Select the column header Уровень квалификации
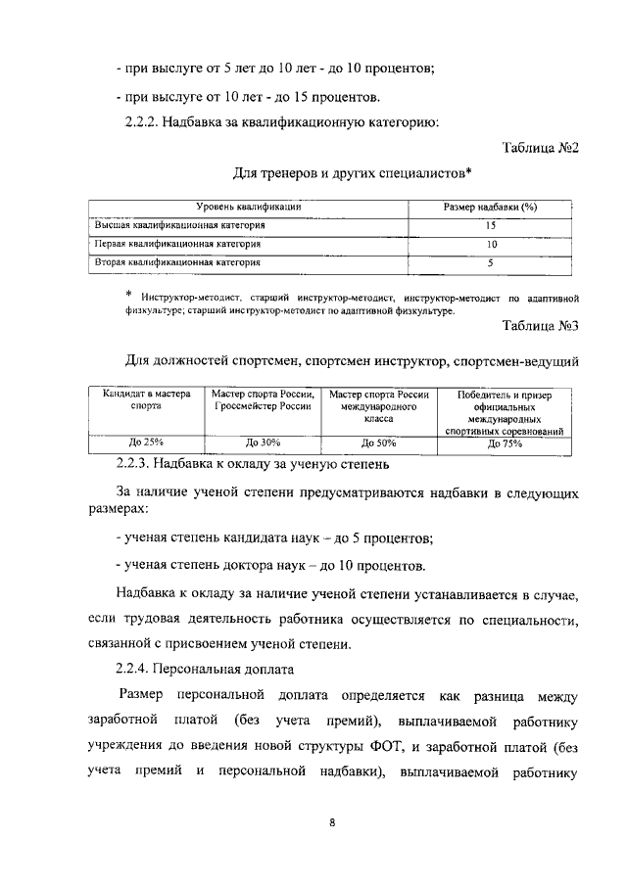click(248, 208)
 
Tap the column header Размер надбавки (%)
click(489, 208)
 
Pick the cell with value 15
click(489, 226)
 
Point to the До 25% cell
click(146, 443)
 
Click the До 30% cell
click(263, 443)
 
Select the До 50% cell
click(380, 443)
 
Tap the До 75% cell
click(504, 443)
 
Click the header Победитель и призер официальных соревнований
click(504, 411)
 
